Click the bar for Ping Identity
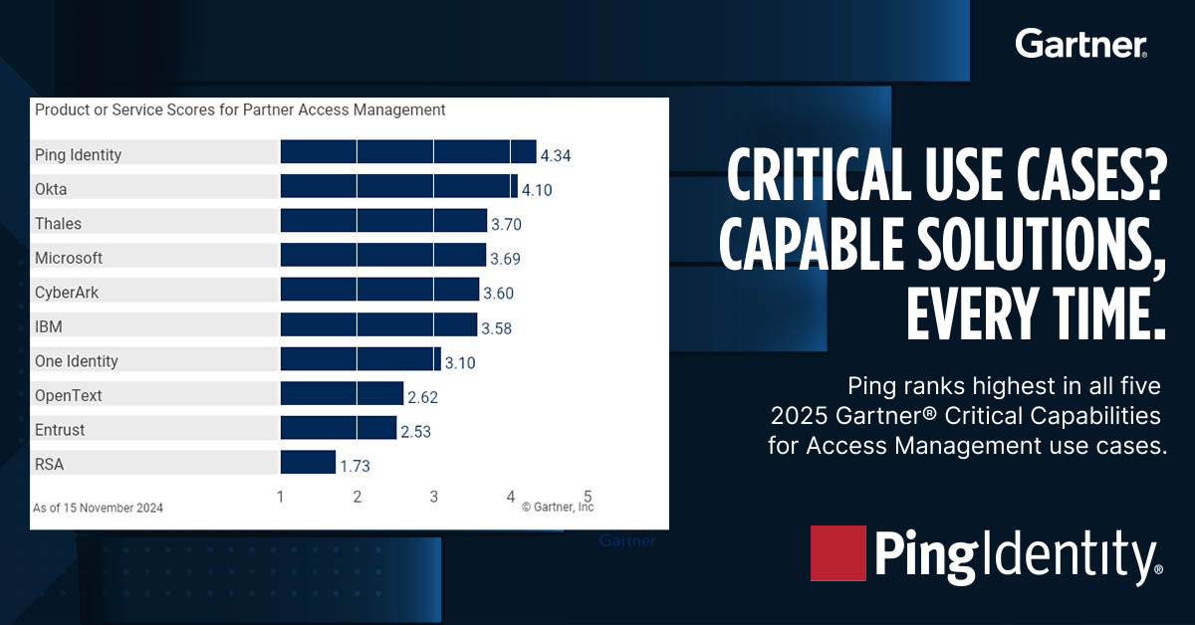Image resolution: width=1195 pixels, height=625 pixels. pos(408,151)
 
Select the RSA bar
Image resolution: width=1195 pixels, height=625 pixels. pos(308,462)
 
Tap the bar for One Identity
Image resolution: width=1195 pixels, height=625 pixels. pos(360,359)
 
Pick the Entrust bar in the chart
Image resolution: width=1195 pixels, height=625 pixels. pos(339,428)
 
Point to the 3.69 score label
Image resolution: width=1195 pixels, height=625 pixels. pos(505,259)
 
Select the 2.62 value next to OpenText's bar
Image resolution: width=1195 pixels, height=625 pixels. pos(422,397)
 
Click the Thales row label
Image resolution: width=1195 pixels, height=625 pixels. pos(58,224)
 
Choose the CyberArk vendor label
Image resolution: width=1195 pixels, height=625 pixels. pos(66,293)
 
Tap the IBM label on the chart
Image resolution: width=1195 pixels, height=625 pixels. pos(49,326)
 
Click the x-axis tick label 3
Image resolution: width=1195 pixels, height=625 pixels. pos(434,496)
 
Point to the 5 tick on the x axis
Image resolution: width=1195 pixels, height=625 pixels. pos(588,496)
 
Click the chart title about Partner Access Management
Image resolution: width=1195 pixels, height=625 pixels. pos(240,109)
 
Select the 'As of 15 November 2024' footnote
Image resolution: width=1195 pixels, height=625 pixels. pos(99,508)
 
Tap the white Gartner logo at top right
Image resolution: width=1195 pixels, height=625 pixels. pos(1080,44)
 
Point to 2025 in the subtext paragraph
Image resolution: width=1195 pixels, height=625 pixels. pos(797,413)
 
